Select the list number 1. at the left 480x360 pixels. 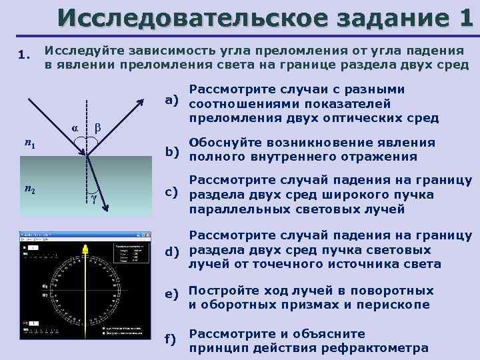tap(25, 56)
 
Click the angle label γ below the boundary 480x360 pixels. tap(94, 199)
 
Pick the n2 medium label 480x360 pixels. tap(29, 189)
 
